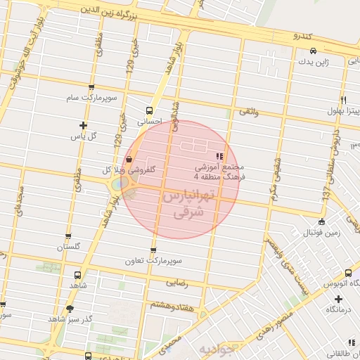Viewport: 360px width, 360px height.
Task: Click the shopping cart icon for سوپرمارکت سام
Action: pyautogui.click(x=91, y=88)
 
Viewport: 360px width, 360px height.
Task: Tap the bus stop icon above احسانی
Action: pyautogui.click(x=148, y=110)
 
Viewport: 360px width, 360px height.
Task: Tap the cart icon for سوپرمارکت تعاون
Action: pyautogui.click(x=153, y=250)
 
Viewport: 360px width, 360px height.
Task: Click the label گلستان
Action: pyautogui.click(x=68, y=247)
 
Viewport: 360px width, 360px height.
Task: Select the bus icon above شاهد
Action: pyautogui.click(x=76, y=276)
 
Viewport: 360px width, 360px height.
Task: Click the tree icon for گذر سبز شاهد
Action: pyautogui.click(x=69, y=308)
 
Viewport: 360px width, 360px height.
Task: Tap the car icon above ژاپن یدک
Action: pyautogui.click(x=313, y=51)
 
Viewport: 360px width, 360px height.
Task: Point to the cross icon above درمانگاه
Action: pyautogui.click(x=339, y=299)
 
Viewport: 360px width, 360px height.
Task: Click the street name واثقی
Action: pyautogui.click(x=249, y=112)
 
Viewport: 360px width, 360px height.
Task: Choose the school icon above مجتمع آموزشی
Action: pyautogui.click(x=220, y=156)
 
